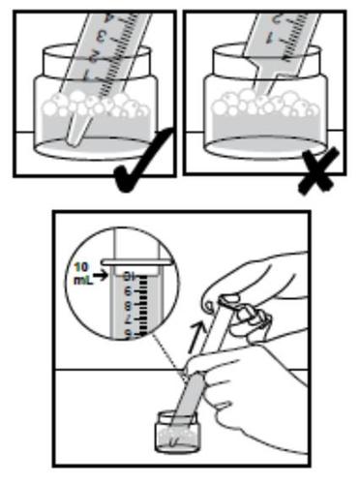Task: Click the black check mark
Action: [144, 164]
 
